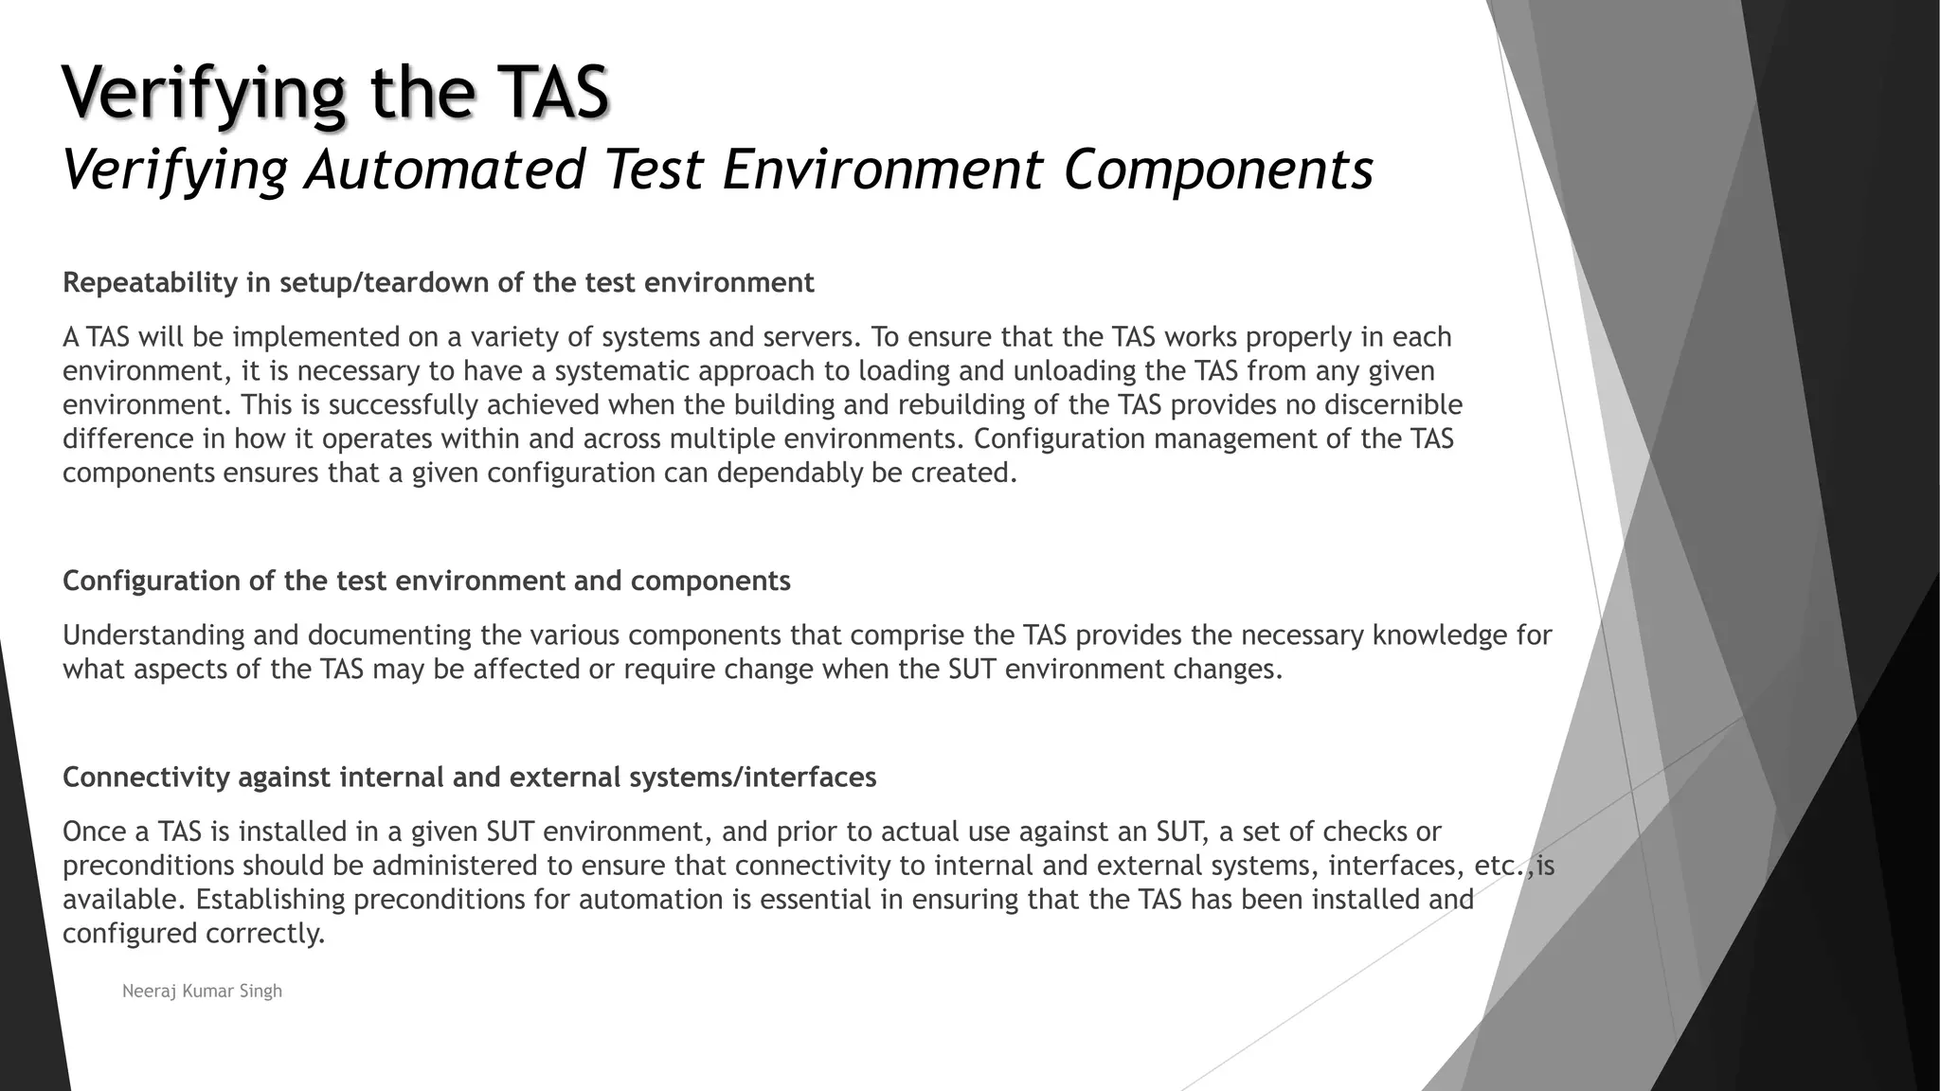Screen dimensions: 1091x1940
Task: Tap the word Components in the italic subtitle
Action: pos(1218,170)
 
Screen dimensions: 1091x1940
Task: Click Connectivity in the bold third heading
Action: pos(146,778)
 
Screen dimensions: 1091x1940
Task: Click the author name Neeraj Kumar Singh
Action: pos(202,992)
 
